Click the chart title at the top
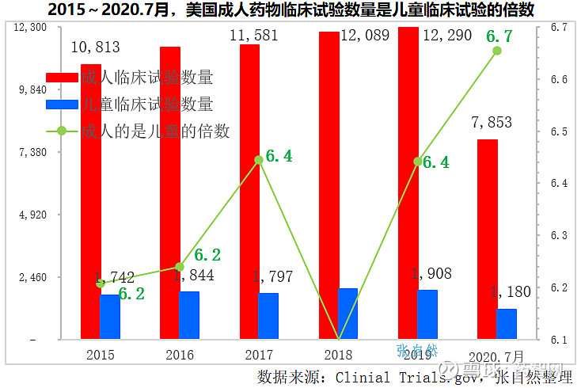[x=290, y=10]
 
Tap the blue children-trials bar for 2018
[x=347, y=314]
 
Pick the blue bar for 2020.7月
[x=506, y=324]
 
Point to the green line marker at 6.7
[x=497, y=51]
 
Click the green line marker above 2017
[x=259, y=160]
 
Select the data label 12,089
[x=365, y=36]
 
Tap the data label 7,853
[x=491, y=123]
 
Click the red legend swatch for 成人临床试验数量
[x=63, y=78]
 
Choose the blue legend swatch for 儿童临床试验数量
[x=63, y=105]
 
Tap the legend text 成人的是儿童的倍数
[x=155, y=131]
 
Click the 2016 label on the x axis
[x=180, y=355]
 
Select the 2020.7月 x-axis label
[x=496, y=355]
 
